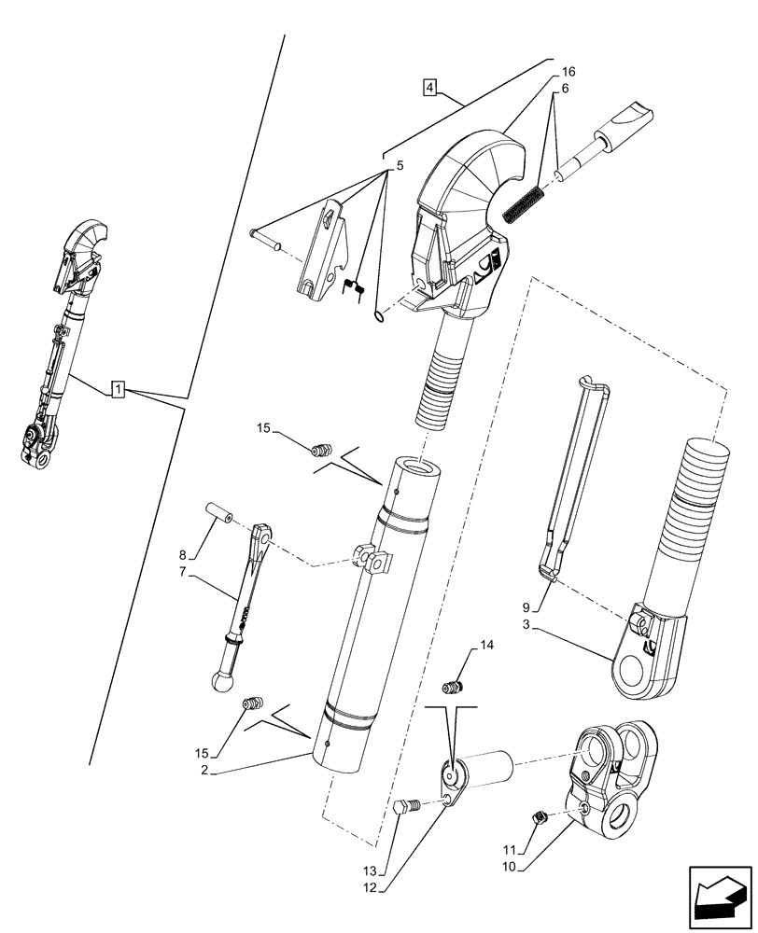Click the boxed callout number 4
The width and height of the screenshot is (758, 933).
point(428,88)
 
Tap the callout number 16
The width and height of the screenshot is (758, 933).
point(568,72)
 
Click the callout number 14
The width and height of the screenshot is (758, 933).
point(487,645)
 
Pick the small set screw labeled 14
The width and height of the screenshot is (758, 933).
point(456,688)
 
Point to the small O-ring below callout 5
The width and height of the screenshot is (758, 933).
point(379,317)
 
